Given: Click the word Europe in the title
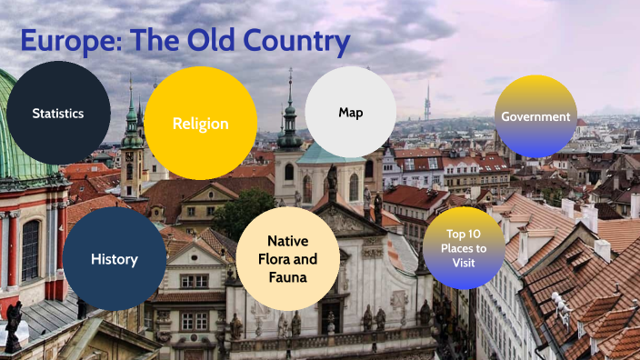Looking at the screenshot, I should (x=70, y=42).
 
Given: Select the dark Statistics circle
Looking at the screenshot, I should (x=58, y=114).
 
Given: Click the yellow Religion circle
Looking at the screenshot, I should (x=201, y=124).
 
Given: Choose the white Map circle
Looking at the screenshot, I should (x=351, y=113).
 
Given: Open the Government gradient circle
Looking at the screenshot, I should (x=536, y=116).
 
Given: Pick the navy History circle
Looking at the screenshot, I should (x=115, y=259).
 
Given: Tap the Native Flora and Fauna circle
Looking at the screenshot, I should (x=287, y=258).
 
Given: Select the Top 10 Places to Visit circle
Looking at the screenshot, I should (x=464, y=248).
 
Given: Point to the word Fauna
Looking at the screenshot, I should (x=287, y=275).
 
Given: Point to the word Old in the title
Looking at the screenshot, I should (x=204, y=42).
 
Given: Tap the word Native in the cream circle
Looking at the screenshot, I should (x=287, y=241).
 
